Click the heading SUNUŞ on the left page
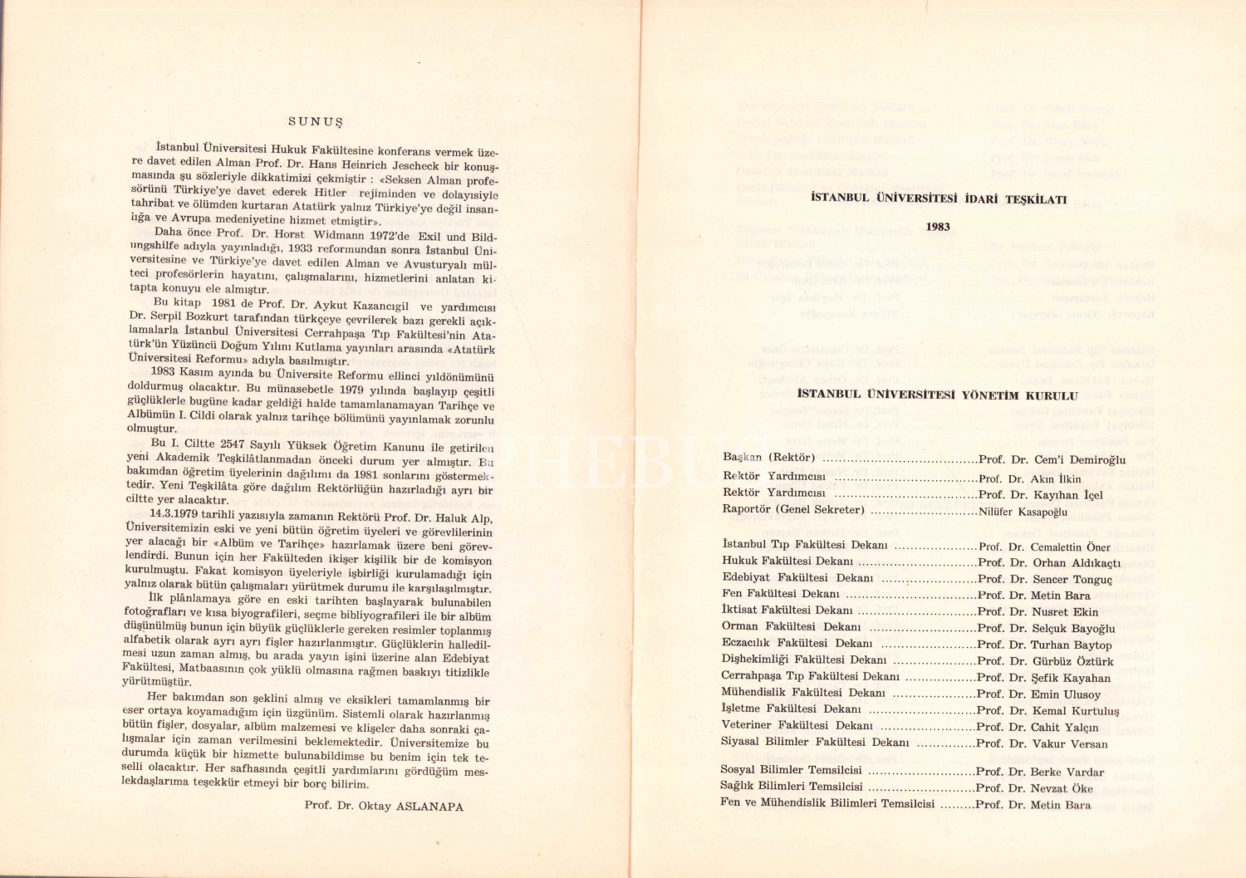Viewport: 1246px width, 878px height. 316,121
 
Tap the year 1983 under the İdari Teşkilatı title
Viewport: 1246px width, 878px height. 938,227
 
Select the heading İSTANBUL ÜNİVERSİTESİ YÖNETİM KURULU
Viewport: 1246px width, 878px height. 937,396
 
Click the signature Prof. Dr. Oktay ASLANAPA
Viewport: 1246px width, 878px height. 384,806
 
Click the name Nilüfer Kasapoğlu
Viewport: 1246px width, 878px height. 1023,512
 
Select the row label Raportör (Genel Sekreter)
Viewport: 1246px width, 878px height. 793,509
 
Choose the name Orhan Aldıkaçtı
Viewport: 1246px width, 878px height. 1077,562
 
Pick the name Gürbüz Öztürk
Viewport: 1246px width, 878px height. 1072,661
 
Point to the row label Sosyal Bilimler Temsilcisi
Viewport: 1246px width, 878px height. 791,770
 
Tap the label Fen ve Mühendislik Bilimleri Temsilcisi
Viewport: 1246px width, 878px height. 827,803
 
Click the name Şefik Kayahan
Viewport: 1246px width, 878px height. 1071,678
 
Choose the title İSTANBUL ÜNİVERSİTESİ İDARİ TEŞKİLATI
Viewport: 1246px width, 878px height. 938,199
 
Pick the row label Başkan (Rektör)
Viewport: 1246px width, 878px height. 768,458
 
